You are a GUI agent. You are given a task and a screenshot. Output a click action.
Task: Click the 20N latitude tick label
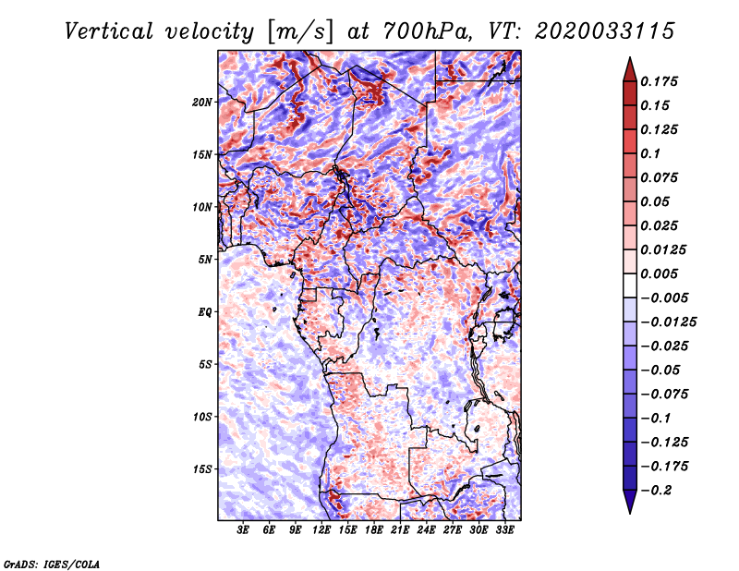tap(201, 102)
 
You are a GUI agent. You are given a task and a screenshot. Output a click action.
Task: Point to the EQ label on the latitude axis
tap(204, 311)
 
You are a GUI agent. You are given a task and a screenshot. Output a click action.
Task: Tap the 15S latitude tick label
tap(202, 469)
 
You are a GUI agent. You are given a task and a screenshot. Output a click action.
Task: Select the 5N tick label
tap(204, 260)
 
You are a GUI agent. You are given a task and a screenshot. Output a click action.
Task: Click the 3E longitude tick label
tap(243, 530)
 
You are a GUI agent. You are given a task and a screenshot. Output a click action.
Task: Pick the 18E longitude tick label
tap(374, 530)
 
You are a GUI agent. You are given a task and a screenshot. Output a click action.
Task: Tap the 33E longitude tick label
tap(504, 530)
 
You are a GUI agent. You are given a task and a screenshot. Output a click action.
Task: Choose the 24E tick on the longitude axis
tap(426, 530)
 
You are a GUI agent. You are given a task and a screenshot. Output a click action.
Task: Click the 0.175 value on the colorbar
tap(659, 81)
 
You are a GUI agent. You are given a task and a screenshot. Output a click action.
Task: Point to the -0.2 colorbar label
tap(656, 491)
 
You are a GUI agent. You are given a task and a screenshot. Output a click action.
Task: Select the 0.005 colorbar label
tap(659, 273)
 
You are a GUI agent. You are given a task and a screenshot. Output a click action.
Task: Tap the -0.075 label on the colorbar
tap(664, 395)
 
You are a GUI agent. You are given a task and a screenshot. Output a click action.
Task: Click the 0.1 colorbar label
tap(650, 153)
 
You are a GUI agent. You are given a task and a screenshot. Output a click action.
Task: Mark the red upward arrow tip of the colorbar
tap(630, 58)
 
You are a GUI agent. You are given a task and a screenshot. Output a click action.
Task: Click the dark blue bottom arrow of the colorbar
tap(630, 502)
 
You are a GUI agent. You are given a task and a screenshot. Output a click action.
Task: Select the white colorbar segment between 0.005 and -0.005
tap(630, 285)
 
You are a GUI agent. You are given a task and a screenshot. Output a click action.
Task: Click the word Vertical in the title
tap(109, 31)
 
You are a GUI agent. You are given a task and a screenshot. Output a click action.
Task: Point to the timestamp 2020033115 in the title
tap(605, 31)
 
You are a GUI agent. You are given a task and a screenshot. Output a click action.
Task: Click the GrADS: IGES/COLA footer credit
tap(52, 564)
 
